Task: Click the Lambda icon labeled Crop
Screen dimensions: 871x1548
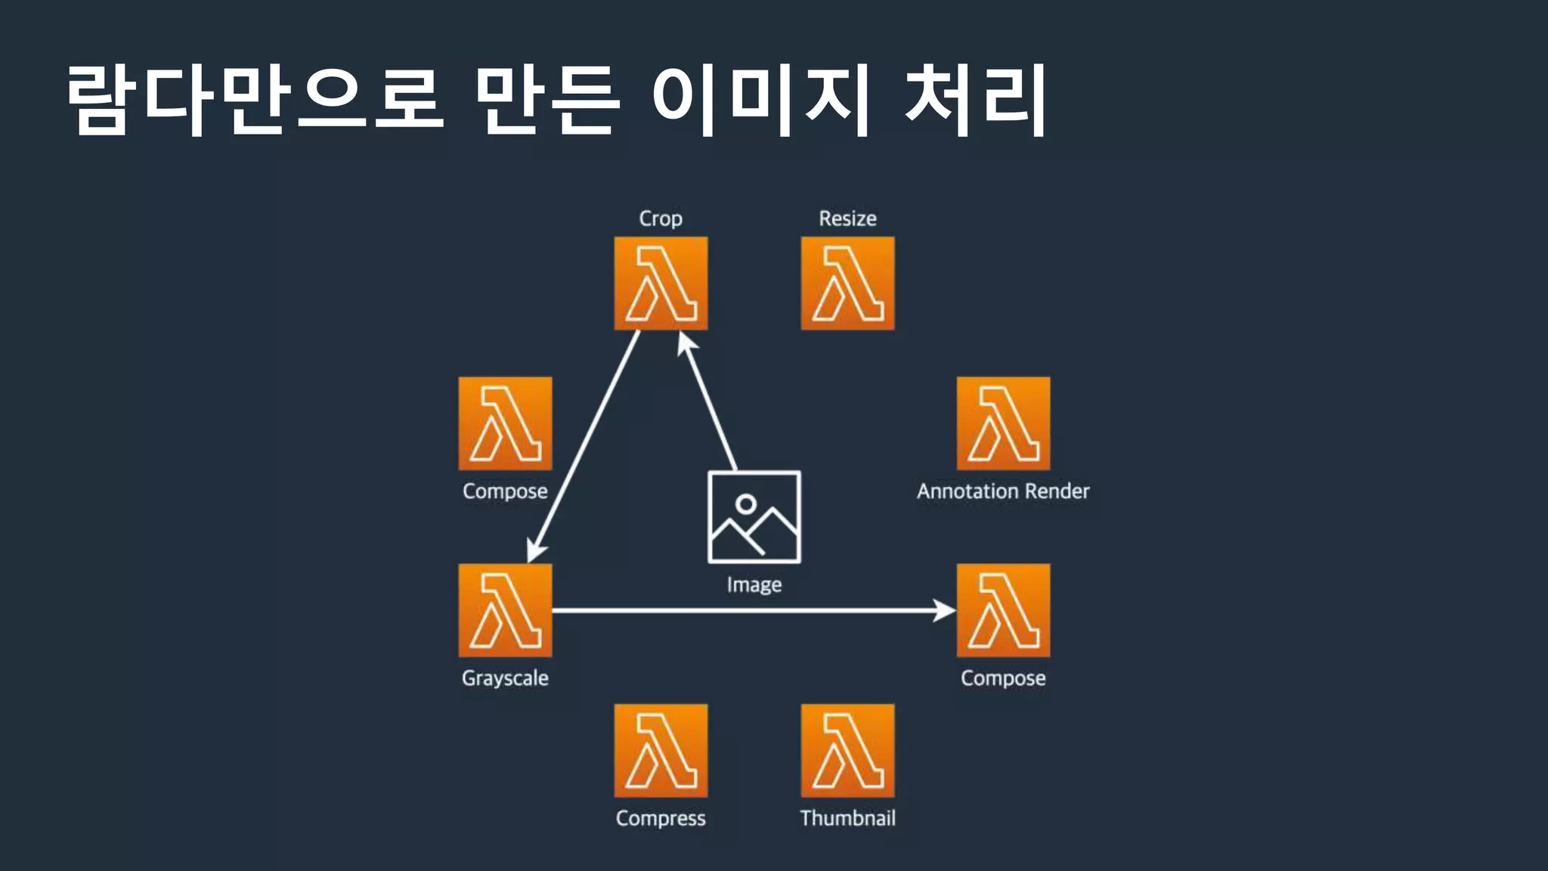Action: (661, 284)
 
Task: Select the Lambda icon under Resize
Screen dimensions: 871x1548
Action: (847, 284)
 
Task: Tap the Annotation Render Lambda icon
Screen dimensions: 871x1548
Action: (1003, 423)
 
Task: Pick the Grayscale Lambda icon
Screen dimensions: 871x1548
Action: (505, 610)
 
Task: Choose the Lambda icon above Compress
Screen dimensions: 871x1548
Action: (661, 750)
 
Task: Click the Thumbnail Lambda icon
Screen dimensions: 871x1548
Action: (847, 750)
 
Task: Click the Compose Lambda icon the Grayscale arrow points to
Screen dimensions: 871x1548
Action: (1003, 610)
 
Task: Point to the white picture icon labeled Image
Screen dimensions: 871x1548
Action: (754, 517)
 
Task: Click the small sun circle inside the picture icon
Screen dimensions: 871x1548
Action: (746, 504)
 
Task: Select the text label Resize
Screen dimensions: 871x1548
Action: (847, 219)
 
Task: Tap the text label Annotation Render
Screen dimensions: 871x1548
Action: (1003, 491)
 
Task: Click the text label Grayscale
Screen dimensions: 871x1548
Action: (505, 678)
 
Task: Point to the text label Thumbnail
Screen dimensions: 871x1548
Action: (847, 818)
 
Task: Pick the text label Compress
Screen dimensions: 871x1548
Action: (661, 818)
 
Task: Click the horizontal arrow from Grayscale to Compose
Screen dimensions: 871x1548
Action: (752, 610)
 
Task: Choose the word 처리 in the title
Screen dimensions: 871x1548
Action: (975, 99)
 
